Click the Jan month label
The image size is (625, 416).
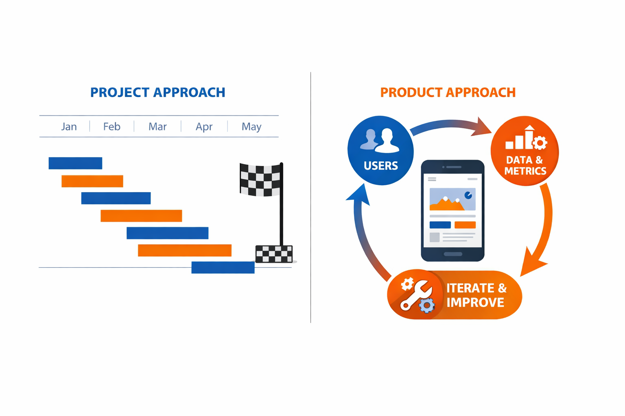tap(69, 127)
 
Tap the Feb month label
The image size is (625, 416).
tap(111, 126)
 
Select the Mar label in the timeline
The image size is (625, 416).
tap(157, 126)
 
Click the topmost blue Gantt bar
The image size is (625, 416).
tap(75, 163)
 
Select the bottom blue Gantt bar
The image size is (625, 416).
tap(223, 267)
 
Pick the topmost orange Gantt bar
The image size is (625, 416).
tap(92, 181)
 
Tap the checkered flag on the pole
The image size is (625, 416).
tap(260, 180)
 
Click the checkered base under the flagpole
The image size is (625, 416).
tap(274, 254)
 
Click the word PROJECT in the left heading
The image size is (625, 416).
tap(120, 93)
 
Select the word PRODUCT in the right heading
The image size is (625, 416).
tap(411, 93)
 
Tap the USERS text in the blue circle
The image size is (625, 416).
tap(381, 166)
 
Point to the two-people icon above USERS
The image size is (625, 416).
tap(380, 141)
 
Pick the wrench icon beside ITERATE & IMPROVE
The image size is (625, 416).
tap(416, 295)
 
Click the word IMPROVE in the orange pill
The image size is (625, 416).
tap(475, 303)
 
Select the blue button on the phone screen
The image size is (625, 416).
tap(440, 225)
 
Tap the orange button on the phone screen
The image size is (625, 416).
tap(465, 225)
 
